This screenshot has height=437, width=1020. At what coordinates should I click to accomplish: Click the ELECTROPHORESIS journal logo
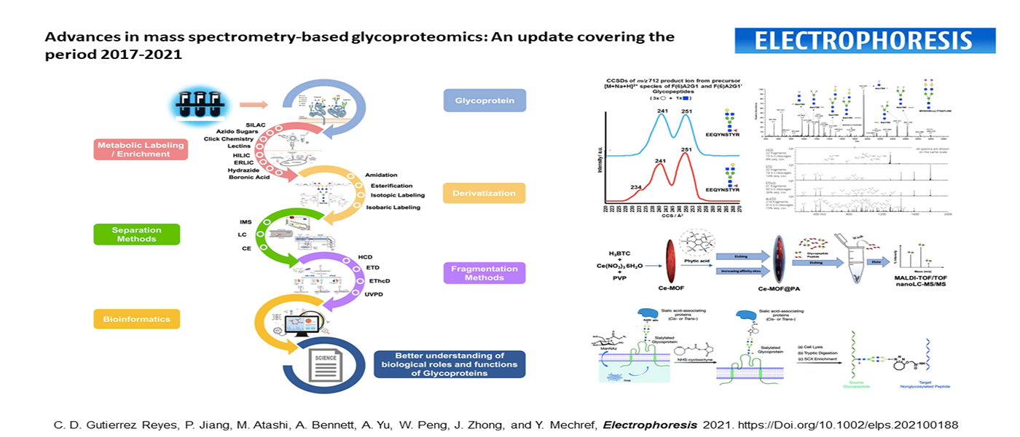(x=865, y=41)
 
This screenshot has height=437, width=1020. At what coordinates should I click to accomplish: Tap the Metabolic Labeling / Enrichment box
(x=139, y=149)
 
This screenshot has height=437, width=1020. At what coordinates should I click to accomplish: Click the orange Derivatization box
(x=484, y=193)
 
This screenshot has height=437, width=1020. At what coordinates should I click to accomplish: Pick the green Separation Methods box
(x=137, y=234)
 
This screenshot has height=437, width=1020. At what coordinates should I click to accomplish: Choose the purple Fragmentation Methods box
(x=484, y=273)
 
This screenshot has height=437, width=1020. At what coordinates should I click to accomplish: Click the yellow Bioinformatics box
(x=136, y=318)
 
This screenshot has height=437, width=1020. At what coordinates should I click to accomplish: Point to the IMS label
(x=246, y=221)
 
